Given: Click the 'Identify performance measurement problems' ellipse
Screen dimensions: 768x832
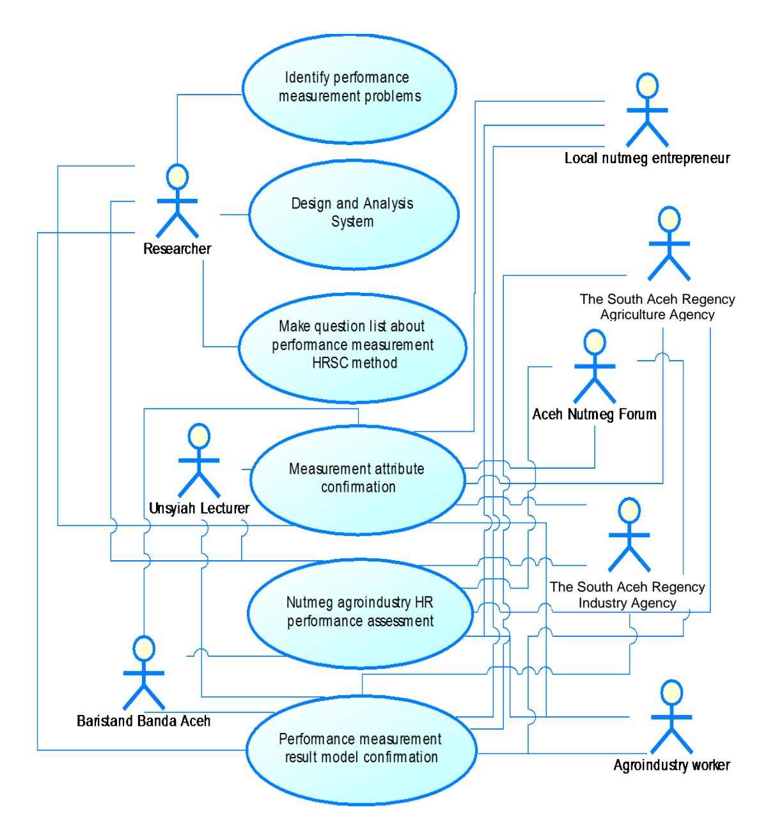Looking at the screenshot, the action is pyautogui.click(x=349, y=89).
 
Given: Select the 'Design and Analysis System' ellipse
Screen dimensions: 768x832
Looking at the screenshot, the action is pyautogui.click(x=354, y=214).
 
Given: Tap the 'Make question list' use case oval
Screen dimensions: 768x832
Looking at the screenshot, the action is pyautogui.click(x=352, y=348).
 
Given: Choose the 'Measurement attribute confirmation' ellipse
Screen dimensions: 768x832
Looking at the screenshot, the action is pyautogui.click(x=357, y=480).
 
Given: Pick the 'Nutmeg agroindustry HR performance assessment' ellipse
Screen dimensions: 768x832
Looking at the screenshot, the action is pyautogui.click(x=360, y=613).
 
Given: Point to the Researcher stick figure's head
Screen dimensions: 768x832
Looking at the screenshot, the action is pyautogui.click(x=177, y=177).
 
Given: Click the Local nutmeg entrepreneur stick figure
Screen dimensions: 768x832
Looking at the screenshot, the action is pyautogui.click(x=647, y=110).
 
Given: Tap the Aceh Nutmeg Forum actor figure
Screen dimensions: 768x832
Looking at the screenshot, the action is pyautogui.click(x=594, y=366).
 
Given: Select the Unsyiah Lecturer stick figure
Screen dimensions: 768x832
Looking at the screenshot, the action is pyautogui.click(x=199, y=460).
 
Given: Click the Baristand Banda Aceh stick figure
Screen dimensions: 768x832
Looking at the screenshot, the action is pyautogui.click(x=144, y=673).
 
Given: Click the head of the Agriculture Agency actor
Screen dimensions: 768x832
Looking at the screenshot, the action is pyautogui.click(x=669, y=219).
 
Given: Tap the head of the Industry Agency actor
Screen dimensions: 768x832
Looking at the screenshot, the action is pyautogui.click(x=629, y=510).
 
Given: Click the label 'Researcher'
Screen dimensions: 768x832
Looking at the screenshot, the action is pyautogui.click(x=177, y=249).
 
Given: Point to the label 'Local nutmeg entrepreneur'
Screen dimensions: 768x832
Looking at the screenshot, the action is pyautogui.click(x=647, y=159).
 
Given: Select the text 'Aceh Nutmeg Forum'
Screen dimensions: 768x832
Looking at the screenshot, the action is pyautogui.click(x=594, y=414).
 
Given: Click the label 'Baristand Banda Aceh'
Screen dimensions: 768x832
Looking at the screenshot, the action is pyautogui.click(x=144, y=721).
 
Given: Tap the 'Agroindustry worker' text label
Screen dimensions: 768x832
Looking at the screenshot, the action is pyautogui.click(x=671, y=765).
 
